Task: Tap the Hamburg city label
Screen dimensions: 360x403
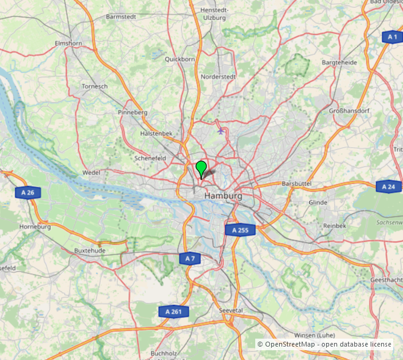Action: [223, 196]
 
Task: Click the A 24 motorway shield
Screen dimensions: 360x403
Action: [388, 187]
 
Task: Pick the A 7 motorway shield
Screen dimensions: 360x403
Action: [190, 259]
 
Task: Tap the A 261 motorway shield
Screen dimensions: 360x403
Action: [173, 312]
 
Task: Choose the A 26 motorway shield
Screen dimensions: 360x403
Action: [27, 193]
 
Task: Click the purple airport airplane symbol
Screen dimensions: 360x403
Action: [220, 129]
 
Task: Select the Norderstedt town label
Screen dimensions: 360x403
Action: [218, 77]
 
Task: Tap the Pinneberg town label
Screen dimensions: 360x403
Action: [133, 112]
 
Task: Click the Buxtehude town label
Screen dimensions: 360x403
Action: [90, 251]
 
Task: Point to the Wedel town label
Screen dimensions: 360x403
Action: [91, 173]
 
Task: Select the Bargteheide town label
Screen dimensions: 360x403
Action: [339, 63]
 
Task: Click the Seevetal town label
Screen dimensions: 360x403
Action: [231, 311]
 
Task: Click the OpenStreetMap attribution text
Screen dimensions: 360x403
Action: [324, 344]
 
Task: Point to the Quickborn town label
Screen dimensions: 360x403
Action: [180, 59]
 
